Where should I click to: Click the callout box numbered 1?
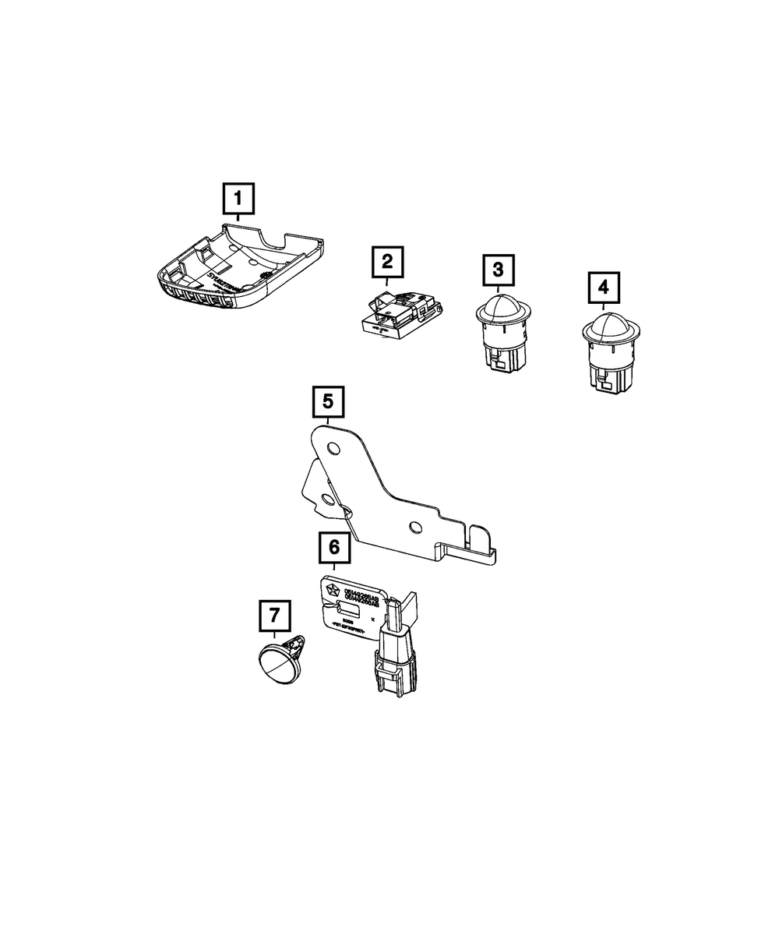pyautogui.click(x=238, y=199)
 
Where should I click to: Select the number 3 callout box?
pyautogui.click(x=498, y=270)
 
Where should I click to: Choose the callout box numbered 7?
pyautogui.click(x=274, y=616)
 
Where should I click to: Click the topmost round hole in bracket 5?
pyautogui.click(x=334, y=449)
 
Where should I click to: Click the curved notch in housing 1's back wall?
pyautogui.click(x=273, y=238)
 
